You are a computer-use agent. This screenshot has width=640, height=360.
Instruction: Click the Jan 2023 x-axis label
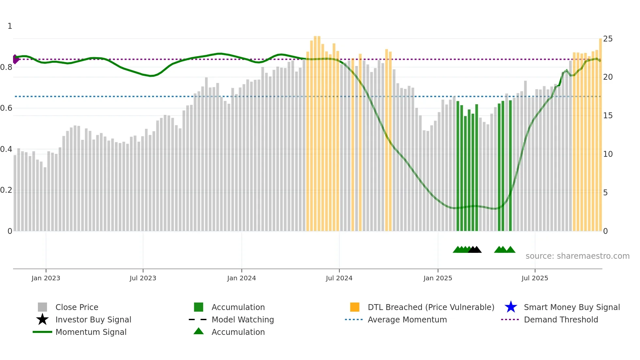coord(46,278)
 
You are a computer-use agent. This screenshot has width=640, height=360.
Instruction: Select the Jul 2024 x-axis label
coord(339,278)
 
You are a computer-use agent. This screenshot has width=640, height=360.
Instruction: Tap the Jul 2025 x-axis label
coord(535,278)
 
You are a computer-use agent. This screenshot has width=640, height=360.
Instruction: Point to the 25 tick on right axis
coord(608,39)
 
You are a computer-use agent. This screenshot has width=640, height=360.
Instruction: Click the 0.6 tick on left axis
coord(6,108)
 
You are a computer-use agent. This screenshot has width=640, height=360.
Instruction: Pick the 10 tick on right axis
coord(608,154)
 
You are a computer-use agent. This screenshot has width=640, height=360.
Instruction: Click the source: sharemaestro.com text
coord(577,256)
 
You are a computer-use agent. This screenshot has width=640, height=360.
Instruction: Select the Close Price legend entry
coord(77,307)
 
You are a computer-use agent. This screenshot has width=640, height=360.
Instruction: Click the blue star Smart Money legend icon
coord(511,307)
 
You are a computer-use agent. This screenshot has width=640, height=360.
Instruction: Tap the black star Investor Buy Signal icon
coord(42,319)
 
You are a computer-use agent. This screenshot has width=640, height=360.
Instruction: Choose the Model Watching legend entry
coord(243,319)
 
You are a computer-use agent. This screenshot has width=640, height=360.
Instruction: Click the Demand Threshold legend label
coord(561,319)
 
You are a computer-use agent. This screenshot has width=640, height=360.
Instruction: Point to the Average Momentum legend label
coord(407,319)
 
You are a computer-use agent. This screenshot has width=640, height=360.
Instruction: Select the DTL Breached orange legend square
coord(355,307)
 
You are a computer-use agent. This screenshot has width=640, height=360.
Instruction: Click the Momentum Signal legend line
coord(42,332)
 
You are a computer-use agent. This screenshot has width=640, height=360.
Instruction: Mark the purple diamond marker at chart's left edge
coord(15,59)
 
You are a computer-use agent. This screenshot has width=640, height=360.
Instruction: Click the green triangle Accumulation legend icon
coord(199,331)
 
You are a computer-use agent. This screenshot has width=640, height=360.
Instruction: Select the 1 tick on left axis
coord(10,26)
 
